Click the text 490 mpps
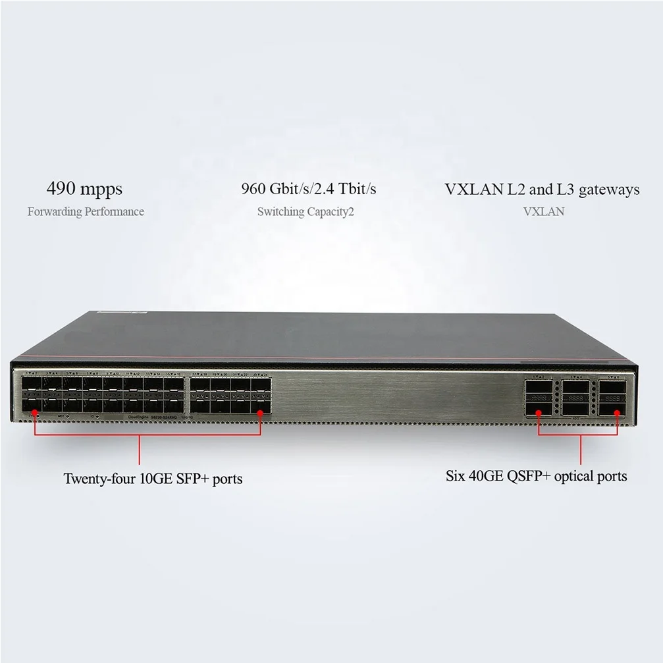[84, 190]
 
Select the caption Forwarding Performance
[86, 212]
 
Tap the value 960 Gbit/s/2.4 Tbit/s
[308, 190]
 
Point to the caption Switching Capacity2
[305, 212]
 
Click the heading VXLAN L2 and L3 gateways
[542, 190]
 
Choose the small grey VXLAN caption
[544, 212]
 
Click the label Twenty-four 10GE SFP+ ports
[153, 479]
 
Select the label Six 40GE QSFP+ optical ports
[536, 475]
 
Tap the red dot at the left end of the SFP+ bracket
[35, 412]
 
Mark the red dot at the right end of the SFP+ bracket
[261, 412]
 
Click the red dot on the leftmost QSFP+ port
[539, 413]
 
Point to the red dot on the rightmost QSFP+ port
[618, 413]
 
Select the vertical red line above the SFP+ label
[140, 451]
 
